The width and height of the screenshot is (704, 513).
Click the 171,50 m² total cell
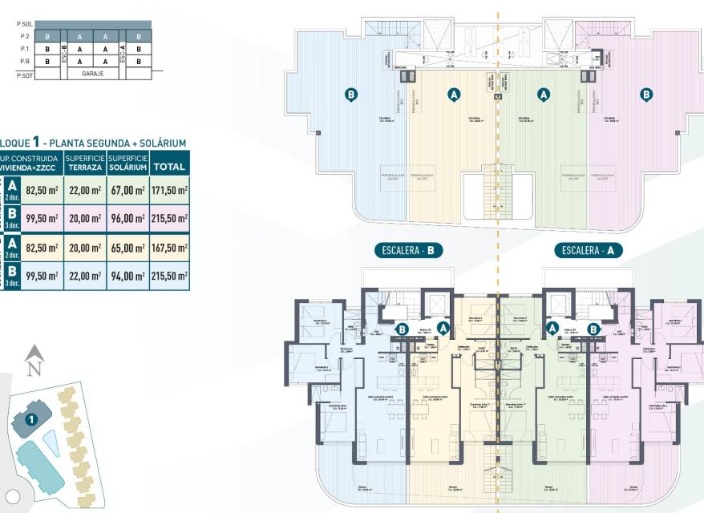pyautogui.click(x=169, y=190)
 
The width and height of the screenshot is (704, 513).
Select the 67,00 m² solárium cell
pyautogui.click(x=127, y=190)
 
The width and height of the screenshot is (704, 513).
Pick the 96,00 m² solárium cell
pyautogui.click(x=127, y=217)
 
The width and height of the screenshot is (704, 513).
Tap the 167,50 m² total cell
pyautogui.click(x=169, y=248)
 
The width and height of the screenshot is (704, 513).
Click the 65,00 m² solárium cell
pyautogui.click(x=127, y=248)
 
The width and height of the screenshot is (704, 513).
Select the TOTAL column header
pyautogui.click(x=169, y=167)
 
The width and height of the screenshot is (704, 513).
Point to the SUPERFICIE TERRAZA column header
pyautogui.click(x=85, y=163)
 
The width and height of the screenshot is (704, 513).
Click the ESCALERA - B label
pyautogui.click(x=408, y=251)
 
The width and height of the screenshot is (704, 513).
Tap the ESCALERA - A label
pyautogui.click(x=588, y=251)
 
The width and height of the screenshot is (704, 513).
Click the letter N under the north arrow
pyautogui.click(x=34, y=370)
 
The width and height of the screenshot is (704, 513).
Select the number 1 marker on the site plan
pyautogui.click(x=30, y=418)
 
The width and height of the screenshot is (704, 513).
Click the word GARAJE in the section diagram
pyautogui.click(x=94, y=73)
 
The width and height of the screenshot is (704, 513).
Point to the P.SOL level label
pyautogui.click(x=23, y=25)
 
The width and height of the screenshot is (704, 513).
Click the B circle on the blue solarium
pyautogui.click(x=350, y=95)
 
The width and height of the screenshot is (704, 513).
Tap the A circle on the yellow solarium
pyautogui.click(x=454, y=95)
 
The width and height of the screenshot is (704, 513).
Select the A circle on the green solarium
pyautogui.click(x=544, y=95)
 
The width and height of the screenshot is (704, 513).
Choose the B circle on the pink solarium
pyautogui.click(x=646, y=95)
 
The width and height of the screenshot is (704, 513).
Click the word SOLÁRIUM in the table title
pyautogui.click(x=160, y=143)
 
